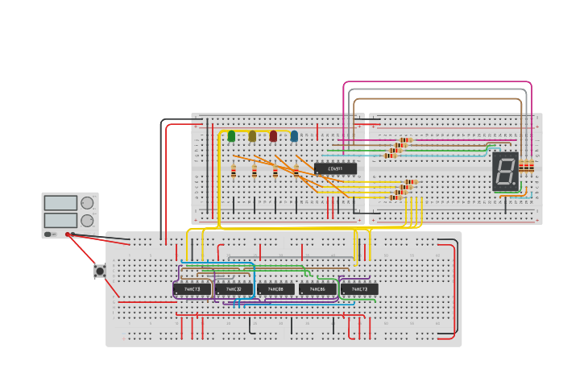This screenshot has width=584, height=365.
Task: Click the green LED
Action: point(231,136)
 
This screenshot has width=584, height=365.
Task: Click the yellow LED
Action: point(252,136)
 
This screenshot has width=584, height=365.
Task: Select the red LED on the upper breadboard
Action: point(273,136)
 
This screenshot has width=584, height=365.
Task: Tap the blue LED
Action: point(294,136)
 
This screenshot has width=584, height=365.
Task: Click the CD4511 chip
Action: point(335,168)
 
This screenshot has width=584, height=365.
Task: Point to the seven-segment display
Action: point(505,171)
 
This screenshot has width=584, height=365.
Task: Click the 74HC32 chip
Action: point(234,288)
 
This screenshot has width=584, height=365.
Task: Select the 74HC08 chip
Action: point(275,288)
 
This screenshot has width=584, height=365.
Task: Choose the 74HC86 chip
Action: point(317,288)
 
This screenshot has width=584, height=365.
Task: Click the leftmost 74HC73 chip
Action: point(192,288)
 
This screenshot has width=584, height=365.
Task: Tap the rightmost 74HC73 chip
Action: point(359,288)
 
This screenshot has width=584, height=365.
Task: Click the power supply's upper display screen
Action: point(60,203)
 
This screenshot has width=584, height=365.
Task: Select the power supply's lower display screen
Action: point(60,220)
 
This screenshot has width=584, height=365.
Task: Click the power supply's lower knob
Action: point(87,220)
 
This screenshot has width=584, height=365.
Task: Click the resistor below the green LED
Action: point(234,170)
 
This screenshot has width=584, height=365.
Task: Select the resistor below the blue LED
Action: point(296,170)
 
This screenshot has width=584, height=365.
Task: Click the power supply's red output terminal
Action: point(68,234)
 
